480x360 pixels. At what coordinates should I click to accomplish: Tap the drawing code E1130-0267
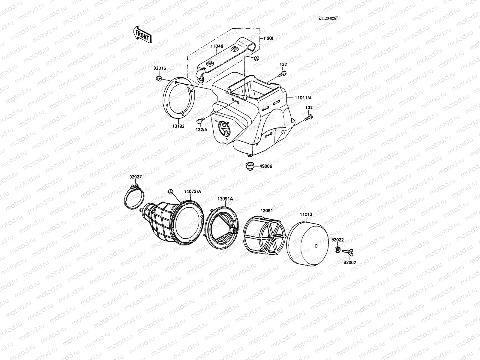(x=328, y=18)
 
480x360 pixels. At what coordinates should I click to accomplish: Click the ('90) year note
(x=269, y=38)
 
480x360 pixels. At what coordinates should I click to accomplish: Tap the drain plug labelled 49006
(x=249, y=166)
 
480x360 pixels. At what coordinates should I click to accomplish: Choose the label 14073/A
(x=193, y=191)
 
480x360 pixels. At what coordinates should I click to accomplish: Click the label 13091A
(x=225, y=199)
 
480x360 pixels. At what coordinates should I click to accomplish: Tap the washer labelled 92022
(x=337, y=250)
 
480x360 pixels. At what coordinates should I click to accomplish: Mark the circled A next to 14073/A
(x=171, y=191)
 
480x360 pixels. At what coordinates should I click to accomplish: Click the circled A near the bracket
(x=257, y=58)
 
